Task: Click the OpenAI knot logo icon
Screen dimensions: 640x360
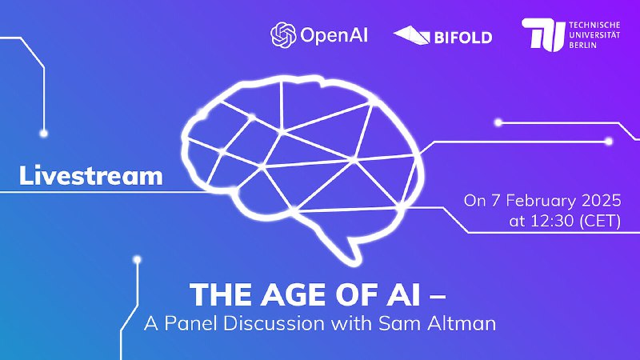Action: [283, 34]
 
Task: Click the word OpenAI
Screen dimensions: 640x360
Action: [334, 35]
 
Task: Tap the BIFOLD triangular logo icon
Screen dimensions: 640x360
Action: [411, 34]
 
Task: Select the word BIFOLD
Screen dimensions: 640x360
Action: [463, 38]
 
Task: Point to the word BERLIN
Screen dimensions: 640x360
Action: [583, 45]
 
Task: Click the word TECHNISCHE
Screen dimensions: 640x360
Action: [594, 25]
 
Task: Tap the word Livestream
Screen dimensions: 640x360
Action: [90, 175]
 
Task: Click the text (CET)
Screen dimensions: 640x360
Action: [600, 222]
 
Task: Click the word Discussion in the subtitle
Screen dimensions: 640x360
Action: [274, 324]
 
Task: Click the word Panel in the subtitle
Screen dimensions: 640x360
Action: [191, 324]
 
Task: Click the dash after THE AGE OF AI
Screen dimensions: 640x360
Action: [438, 297]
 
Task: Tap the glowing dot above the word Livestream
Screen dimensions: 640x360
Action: [43, 133]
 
